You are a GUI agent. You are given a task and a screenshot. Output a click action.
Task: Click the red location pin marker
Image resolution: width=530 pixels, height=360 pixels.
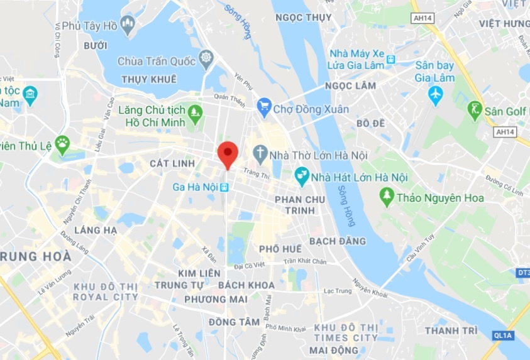coord(227,153)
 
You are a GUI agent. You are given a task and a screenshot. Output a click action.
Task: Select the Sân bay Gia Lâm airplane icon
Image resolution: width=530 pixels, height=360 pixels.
coord(435,95)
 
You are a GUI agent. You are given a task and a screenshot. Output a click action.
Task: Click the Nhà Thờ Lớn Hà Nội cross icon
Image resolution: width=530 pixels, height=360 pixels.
coord(260,153)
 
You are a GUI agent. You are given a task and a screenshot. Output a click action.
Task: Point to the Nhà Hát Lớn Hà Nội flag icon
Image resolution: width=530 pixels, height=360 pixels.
coord(302,177)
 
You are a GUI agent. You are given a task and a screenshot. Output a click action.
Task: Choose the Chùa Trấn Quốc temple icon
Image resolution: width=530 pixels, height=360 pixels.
coord(206,60)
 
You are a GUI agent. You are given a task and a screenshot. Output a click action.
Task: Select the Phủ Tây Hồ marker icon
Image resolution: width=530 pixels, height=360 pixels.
coord(128,26)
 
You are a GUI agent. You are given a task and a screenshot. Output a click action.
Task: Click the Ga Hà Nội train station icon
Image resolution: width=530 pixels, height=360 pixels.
coord(224,187)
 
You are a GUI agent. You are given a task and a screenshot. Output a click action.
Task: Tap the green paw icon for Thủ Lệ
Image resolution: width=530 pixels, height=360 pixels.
coord(62,144)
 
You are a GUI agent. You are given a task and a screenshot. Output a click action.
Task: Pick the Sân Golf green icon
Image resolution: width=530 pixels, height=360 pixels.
coord(475,111)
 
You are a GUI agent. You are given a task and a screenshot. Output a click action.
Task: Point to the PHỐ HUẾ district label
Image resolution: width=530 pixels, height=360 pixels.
coord(280,249)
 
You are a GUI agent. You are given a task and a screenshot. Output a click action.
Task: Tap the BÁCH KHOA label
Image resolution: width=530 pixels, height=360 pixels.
coord(246,285)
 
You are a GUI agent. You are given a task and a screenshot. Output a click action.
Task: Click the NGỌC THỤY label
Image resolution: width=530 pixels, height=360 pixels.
coord(304,18)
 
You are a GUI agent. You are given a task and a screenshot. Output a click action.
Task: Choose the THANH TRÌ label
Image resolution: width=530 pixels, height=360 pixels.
coord(451,330)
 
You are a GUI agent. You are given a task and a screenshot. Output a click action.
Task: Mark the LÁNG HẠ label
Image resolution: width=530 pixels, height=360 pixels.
coord(96,230)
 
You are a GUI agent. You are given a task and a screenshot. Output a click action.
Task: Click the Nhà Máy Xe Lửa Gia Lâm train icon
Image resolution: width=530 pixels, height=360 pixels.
coord(391,60)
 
